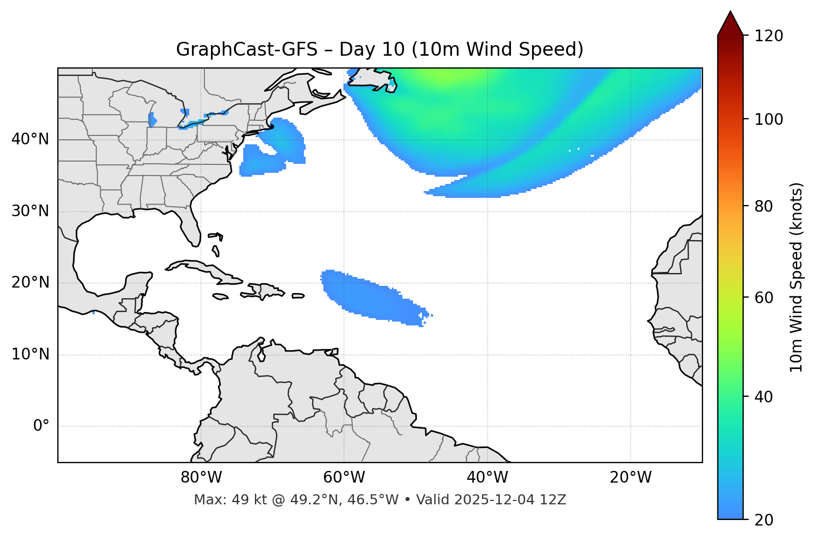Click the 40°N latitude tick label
click(30, 139)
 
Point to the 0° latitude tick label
click(41, 426)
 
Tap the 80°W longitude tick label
click(201, 478)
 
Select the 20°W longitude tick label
click(631, 478)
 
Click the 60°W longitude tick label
click(344, 478)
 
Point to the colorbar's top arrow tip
click(730, 12)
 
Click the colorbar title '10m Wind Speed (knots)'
click(797, 278)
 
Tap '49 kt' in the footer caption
click(244, 500)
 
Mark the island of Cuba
click(200, 268)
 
